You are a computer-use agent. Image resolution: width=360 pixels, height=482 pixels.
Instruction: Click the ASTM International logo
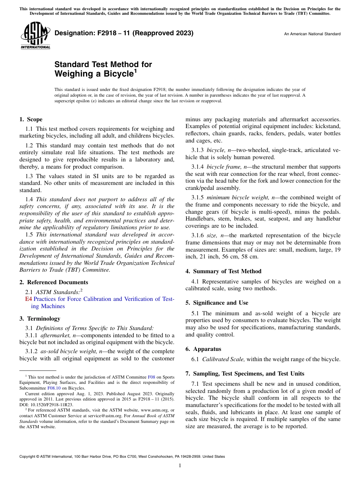click(35, 36)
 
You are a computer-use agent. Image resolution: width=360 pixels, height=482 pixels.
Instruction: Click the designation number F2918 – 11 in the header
click(124, 33)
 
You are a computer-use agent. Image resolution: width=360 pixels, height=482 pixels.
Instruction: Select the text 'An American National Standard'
click(312, 34)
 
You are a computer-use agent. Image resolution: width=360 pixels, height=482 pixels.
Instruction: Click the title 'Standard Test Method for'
click(103, 64)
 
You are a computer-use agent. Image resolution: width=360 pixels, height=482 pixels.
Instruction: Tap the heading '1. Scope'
click(31, 119)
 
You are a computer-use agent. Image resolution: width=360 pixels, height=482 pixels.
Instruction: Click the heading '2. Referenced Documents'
click(53, 282)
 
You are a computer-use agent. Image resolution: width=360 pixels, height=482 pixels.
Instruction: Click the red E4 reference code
click(28, 299)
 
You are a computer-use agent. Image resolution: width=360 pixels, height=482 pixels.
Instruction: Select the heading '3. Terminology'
click(39, 319)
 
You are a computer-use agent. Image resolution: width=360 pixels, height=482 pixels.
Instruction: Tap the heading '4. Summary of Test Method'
click(223, 271)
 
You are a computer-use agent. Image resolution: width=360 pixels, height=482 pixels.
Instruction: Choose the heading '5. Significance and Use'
click(217, 303)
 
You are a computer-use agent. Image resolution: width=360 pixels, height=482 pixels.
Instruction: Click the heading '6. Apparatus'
click(203, 349)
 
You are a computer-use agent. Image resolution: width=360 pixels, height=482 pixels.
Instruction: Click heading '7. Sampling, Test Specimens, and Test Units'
click(245, 374)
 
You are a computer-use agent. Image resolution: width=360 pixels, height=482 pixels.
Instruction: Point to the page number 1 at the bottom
click(180, 466)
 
